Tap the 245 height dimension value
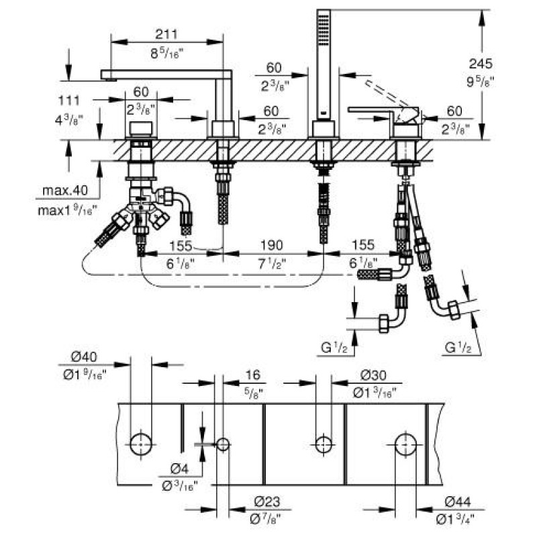(x=481, y=64)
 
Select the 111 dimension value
(x=69, y=100)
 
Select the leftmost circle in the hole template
(x=140, y=442)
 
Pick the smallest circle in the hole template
(x=223, y=444)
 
